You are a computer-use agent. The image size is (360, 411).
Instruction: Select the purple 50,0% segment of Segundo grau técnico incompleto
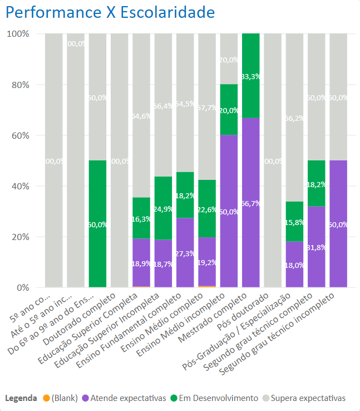pyautogui.click(x=338, y=224)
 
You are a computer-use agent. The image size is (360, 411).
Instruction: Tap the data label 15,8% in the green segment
pyautogui.click(x=294, y=222)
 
